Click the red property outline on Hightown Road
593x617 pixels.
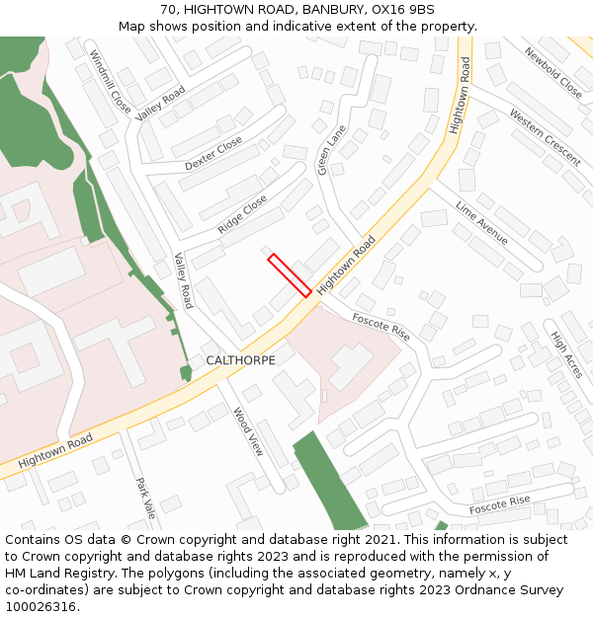(290, 275)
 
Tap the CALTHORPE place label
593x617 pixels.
(240, 360)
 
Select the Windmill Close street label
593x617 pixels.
(109, 82)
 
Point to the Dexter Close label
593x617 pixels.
(213, 153)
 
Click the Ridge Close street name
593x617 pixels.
(242, 214)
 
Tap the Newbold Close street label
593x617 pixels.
(553, 72)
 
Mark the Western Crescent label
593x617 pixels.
(545, 136)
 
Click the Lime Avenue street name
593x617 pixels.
(481, 223)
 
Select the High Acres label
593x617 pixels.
(567, 354)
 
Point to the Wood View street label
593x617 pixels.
(249, 430)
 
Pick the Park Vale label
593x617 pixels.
(145, 499)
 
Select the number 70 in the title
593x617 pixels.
(168, 10)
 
